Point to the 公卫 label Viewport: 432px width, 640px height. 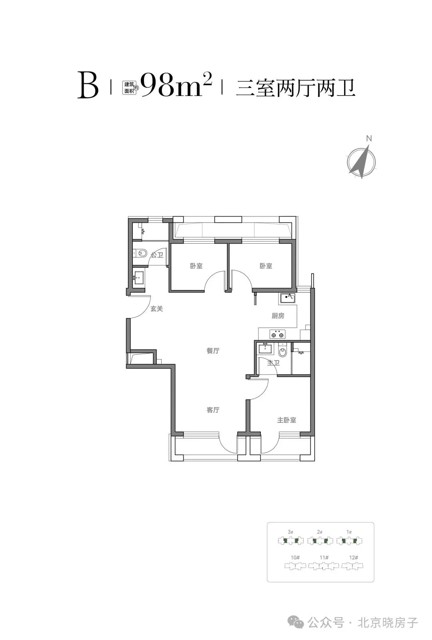(157, 255)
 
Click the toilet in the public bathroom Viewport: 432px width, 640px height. (140, 253)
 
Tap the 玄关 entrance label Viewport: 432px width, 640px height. (156, 308)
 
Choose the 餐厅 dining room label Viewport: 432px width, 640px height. (213, 350)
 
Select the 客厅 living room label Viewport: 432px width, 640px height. (213, 410)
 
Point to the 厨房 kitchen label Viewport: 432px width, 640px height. (278, 316)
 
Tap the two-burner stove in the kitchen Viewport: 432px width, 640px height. (277, 334)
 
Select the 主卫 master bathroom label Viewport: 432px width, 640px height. (274, 362)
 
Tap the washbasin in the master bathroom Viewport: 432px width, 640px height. (265, 348)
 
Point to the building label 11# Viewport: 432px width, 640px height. (324, 558)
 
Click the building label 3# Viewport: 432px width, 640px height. (290, 532)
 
